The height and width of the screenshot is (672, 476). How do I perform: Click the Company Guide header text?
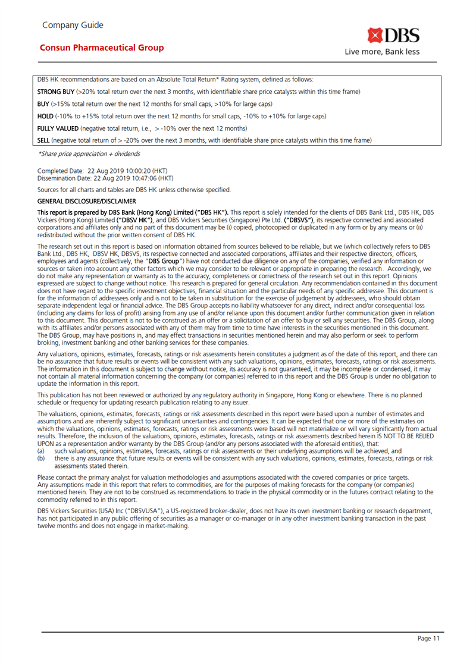(73, 25)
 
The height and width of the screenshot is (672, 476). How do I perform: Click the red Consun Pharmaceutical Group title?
(101, 48)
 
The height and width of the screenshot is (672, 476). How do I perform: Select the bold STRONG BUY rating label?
(56, 92)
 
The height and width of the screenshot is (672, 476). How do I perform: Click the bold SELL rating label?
(43, 140)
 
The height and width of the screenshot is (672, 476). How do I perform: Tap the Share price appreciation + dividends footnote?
(89, 153)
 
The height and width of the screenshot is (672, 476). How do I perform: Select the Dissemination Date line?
(105, 178)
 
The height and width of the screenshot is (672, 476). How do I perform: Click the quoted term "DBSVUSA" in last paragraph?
(139, 511)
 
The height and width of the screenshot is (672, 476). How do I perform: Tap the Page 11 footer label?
(428, 639)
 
